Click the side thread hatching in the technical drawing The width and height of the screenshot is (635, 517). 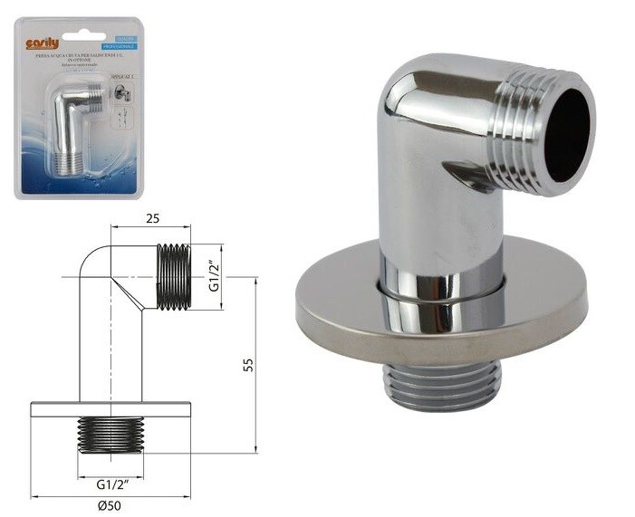click(173, 276)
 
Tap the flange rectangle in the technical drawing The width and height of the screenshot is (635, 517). click(112, 408)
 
